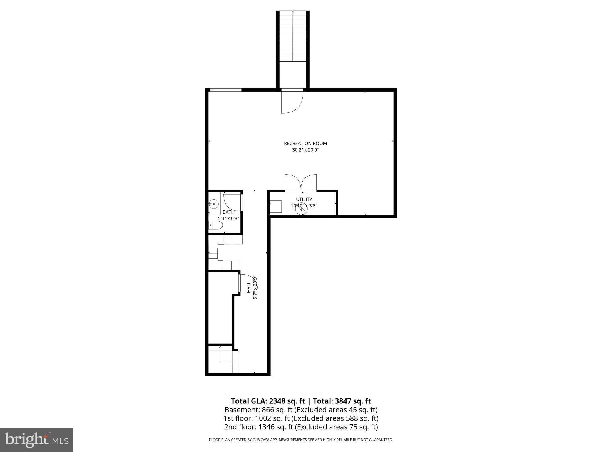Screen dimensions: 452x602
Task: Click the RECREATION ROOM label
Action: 305,144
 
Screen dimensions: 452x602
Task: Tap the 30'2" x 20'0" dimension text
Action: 305,150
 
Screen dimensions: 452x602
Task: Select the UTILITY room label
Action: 304,200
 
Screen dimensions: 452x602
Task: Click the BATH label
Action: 228,212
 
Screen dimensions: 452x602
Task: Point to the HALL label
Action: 249,287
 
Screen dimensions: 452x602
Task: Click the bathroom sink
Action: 214,203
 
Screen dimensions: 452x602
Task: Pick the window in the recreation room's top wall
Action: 226,90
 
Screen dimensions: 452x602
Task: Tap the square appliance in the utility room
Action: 276,207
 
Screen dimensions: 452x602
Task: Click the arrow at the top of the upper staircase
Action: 293,12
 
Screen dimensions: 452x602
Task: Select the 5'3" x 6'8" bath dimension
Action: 228,219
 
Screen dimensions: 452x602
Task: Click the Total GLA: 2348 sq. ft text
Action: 268,401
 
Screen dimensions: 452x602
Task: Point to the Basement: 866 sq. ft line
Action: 301,410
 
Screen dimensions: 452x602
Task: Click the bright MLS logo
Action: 37,440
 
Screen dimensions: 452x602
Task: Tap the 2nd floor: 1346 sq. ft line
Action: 301,427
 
